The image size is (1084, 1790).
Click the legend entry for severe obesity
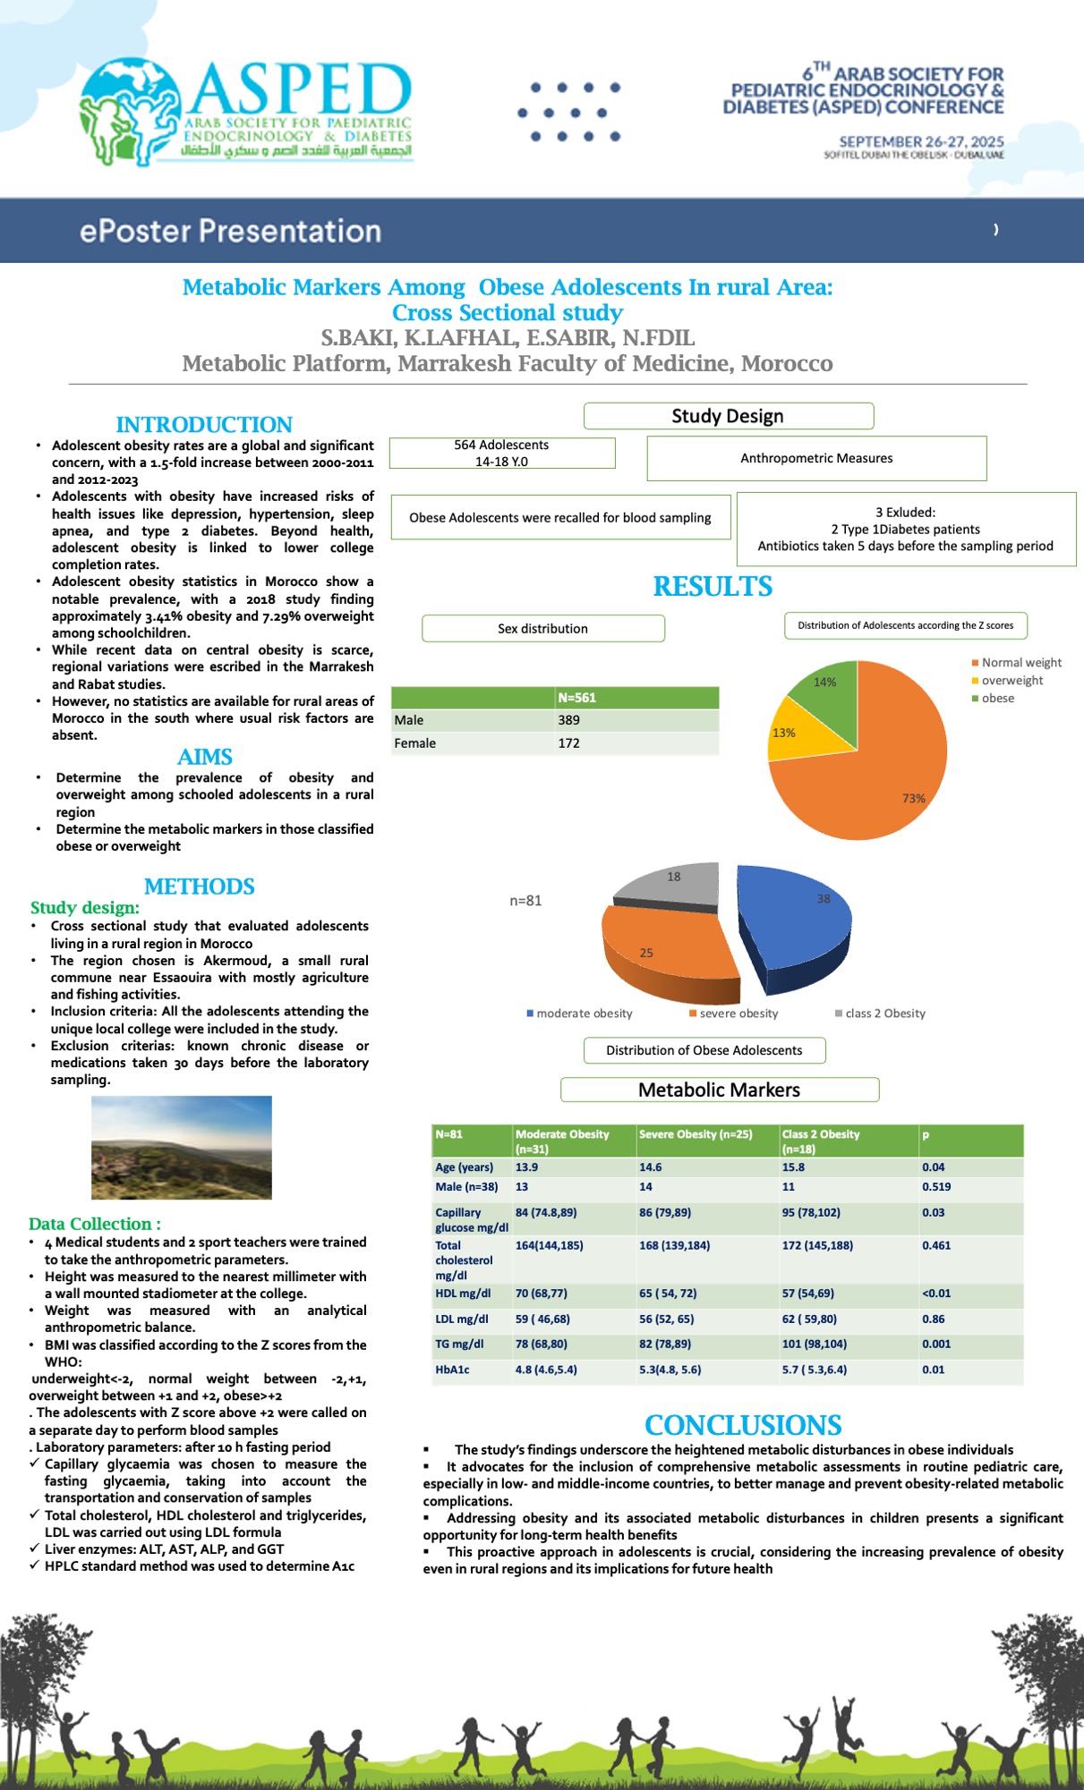click(x=733, y=1014)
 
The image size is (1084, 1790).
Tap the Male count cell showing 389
click(x=569, y=720)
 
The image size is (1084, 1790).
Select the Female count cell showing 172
click(x=569, y=743)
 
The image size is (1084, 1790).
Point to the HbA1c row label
click(x=453, y=1370)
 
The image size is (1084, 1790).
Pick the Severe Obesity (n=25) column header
click(x=696, y=1134)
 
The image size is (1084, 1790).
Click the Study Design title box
click(x=728, y=416)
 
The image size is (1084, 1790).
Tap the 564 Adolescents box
click(x=502, y=453)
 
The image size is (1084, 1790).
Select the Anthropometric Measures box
click(x=816, y=458)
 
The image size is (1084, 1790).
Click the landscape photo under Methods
click(x=182, y=1147)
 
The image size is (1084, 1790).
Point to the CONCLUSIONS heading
click(x=743, y=1425)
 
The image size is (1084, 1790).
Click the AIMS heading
click(x=205, y=757)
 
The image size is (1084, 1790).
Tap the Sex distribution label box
click(x=542, y=628)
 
